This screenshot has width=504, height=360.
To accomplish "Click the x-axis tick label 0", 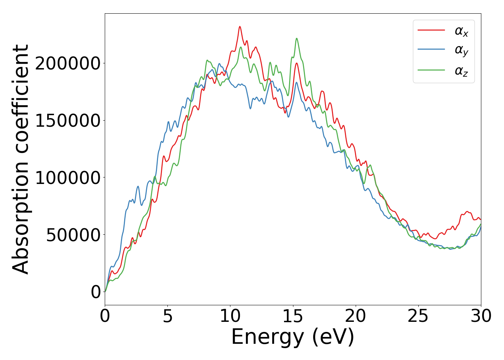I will click(x=105, y=316).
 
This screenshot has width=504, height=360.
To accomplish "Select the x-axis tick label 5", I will click(x=167, y=316).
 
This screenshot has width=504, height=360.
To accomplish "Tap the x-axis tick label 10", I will click(x=230, y=316).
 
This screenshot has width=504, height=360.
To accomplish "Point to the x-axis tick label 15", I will click(x=293, y=316).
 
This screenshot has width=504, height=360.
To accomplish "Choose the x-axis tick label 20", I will click(x=355, y=316).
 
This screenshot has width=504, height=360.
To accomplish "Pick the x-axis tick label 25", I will click(x=418, y=316).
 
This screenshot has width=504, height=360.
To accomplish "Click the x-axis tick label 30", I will click(x=481, y=316).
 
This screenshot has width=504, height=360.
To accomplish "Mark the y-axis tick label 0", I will click(x=96, y=292).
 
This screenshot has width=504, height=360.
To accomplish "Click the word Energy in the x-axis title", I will click(x=267, y=338).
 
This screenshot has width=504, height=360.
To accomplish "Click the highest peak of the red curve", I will click(x=240, y=27).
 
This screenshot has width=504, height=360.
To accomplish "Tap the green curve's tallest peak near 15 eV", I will click(x=297, y=39).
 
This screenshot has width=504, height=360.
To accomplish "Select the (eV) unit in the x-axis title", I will click(x=333, y=338).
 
